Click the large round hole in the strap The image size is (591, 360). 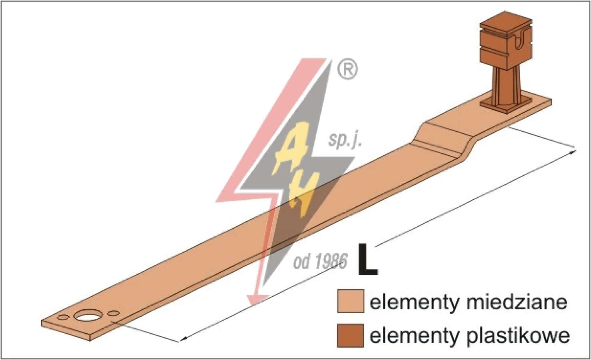(85, 316)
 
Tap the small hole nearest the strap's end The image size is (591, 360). (63, 317)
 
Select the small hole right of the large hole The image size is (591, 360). (114, 313)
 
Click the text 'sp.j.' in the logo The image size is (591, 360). (345, 140)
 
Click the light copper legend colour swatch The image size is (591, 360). (351, 301)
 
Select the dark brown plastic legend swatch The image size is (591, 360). (351, 335)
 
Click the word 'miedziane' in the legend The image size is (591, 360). (517, 302)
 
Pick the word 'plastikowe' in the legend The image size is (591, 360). (518, 336)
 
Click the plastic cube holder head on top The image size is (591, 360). (505, 40)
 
